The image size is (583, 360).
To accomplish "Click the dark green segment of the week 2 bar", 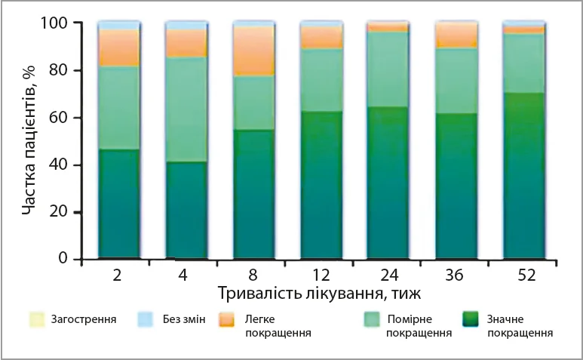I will pos(119,204).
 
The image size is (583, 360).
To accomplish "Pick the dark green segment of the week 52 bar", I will pos(524,176).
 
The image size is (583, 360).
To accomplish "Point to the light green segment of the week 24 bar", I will pos(388,69).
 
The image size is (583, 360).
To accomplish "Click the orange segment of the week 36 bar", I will pos(456,35).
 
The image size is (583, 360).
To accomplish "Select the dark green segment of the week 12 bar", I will pos(321,185).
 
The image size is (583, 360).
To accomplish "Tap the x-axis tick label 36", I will pos(456,275).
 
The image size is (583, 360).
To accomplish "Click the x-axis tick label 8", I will pos(253,275).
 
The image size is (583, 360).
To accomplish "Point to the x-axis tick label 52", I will pos(524,275).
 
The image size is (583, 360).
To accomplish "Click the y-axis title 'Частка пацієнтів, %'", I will pos(29,142).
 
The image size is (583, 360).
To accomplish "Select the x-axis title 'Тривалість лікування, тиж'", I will pos(320,293).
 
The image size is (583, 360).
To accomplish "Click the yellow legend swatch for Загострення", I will pos(35,320).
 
